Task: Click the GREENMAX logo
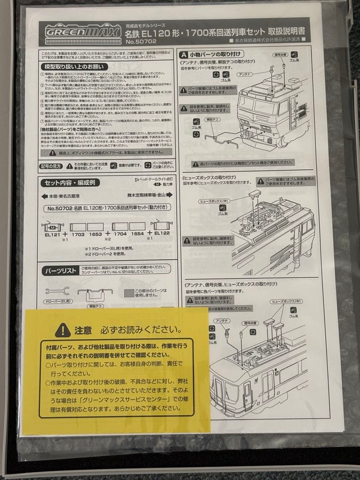pyautogui.click(x=82, y=32)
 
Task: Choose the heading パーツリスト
pyautogui.click(x=60, y=270)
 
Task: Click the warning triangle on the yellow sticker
pyautogui.click(x=63, y=330)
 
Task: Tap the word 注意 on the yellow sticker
pyautogui.click(x=83, y=330)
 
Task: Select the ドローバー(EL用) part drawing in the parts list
pyautogui.click(x=57, y=292)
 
